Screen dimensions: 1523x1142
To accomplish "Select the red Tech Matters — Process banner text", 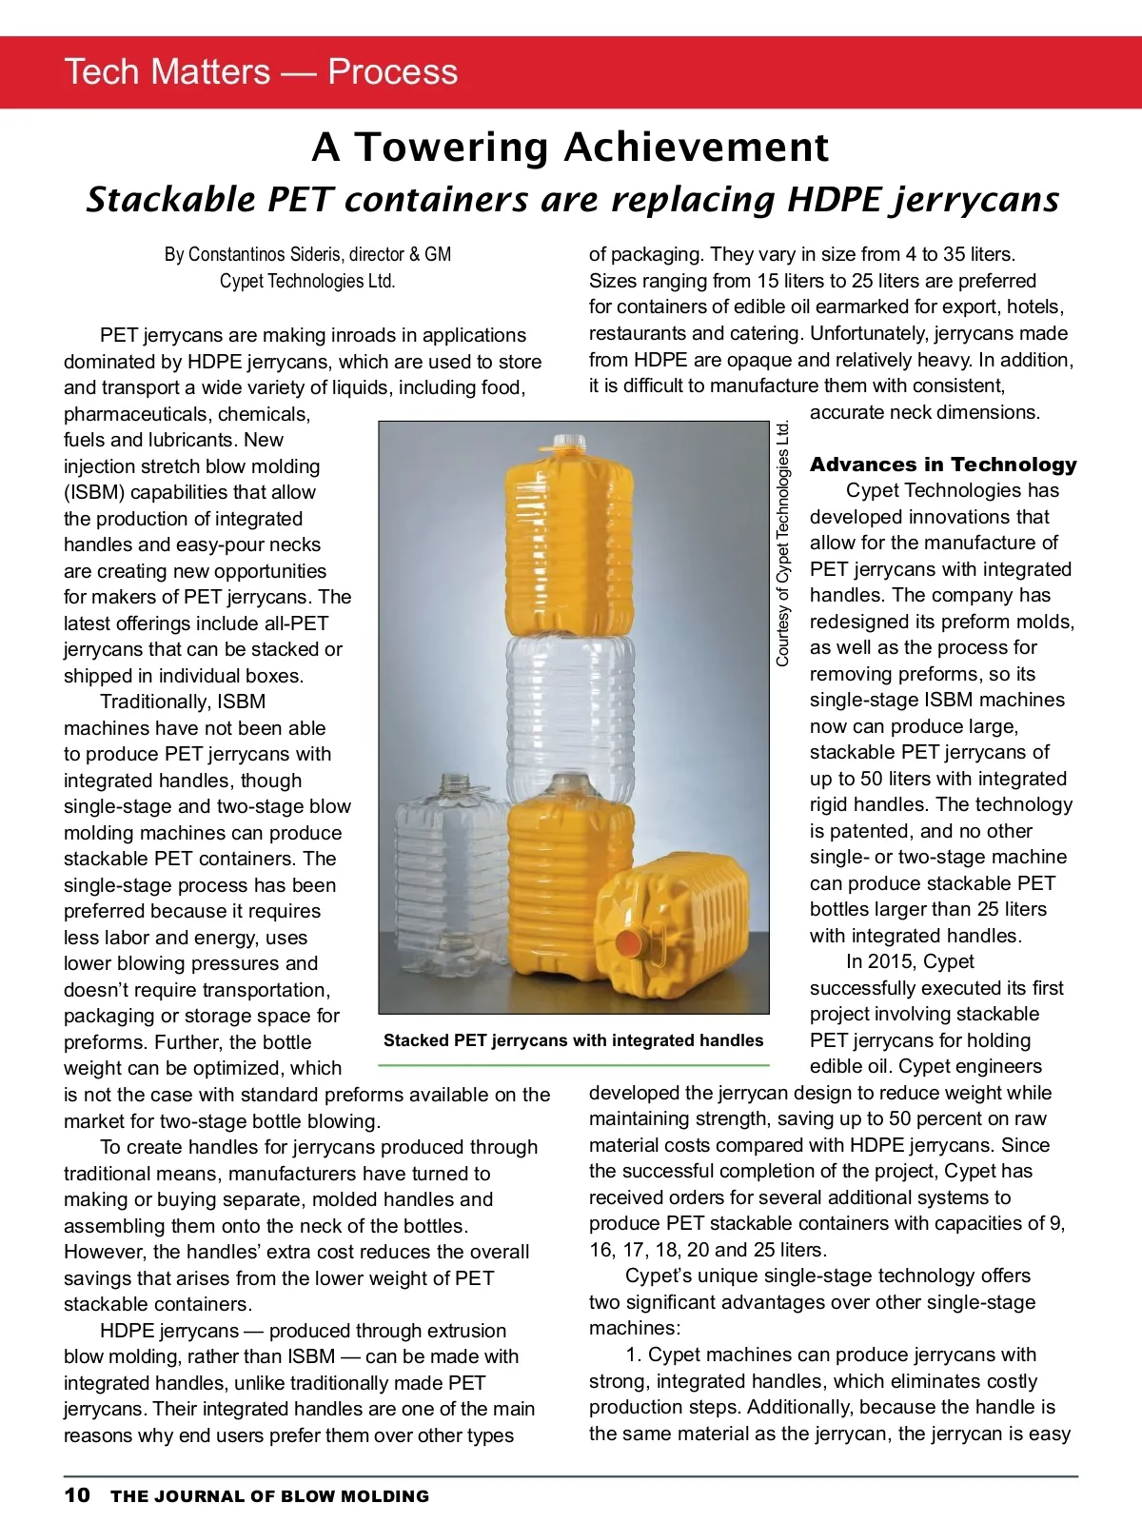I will [x=261, y=72].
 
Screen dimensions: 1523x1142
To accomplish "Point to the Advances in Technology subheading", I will [x=943, y=465].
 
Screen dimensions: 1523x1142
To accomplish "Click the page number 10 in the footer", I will [x=77, y=1494].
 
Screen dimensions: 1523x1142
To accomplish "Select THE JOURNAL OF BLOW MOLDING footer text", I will [x=269, y=1496].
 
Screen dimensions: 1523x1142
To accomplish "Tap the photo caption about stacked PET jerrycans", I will [x=573, y=1040].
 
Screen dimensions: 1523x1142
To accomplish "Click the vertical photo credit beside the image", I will [x=783, y=543].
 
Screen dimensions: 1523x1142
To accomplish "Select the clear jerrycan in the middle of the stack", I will [x=568, y=709].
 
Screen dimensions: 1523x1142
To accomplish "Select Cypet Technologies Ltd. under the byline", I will [x=307, y=281].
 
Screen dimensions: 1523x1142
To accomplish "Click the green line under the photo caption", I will [x=573, y=1064].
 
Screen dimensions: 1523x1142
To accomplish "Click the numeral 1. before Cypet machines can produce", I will [x=634, y=1355].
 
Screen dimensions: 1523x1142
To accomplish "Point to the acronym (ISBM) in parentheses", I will [x=93, y=492].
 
